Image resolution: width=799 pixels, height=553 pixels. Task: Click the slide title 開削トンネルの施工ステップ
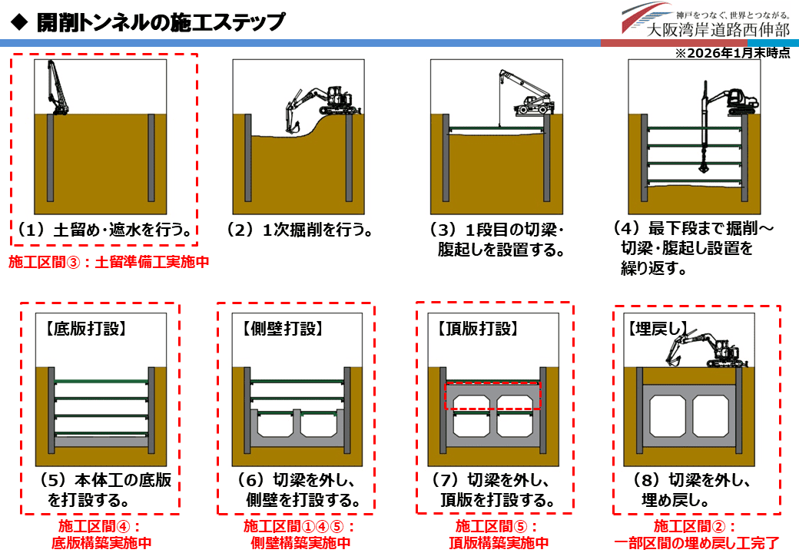[x=161, y=22]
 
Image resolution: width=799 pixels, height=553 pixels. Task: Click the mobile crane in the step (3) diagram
[x=526, y=93]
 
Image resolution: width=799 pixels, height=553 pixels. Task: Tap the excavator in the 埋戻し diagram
[x=704, y=350]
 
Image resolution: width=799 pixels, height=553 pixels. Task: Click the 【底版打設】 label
[x=85, y=329]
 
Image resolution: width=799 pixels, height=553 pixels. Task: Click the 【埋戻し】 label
[x=658, y=329]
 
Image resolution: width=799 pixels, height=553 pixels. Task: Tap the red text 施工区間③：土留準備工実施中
[x=109, y=262]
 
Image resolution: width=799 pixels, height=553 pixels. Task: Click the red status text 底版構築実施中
[x=101, y=543]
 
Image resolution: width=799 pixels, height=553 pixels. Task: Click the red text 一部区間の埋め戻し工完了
[x=697, y=543]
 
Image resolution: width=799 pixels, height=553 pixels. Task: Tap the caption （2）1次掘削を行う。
[x=300, y=230]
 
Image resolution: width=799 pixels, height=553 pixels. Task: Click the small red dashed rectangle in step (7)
[x=493, y=396]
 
